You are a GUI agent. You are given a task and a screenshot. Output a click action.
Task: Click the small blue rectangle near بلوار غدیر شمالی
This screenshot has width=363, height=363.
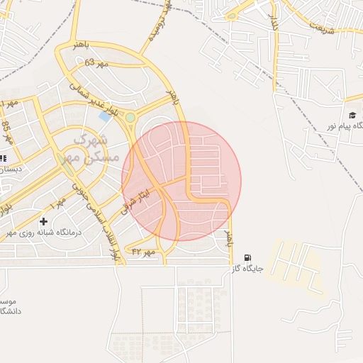(106, 115)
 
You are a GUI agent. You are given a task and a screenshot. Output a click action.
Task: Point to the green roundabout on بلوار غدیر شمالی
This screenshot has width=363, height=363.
(130, 118)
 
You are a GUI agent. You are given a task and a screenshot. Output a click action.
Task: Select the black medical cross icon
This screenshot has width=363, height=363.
(43, 221)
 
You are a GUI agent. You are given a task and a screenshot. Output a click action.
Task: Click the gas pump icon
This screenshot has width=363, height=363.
(247, 257)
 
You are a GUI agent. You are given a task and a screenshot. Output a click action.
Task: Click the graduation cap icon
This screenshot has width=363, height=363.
(352, 115)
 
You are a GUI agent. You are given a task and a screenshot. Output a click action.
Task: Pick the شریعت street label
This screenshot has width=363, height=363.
(320, 27)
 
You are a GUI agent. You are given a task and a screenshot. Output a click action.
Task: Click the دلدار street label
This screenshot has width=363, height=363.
(271, 23)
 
